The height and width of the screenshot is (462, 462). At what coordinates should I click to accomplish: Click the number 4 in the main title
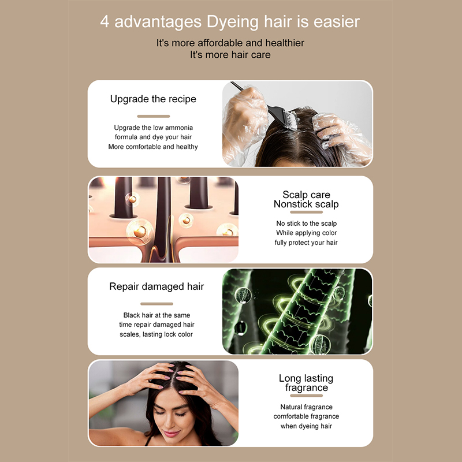105,22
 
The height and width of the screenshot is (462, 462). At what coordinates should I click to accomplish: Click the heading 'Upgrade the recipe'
153,99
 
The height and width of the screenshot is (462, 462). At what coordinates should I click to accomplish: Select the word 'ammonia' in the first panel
178,128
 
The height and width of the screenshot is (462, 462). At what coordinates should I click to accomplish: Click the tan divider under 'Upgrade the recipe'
153,116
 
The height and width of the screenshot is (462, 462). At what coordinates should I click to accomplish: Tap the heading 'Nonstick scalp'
306,204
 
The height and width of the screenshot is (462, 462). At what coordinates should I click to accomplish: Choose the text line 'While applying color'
307,233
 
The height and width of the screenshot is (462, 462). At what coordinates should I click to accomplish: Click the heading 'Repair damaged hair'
157,286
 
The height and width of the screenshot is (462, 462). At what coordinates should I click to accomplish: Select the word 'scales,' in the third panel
130,334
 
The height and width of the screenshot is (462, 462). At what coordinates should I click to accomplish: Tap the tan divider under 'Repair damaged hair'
157,304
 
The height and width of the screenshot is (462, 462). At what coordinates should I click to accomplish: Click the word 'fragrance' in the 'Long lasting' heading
307,388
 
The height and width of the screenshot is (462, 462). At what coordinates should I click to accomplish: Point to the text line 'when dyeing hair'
307,426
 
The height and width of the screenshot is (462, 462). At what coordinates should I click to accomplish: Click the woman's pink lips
172,434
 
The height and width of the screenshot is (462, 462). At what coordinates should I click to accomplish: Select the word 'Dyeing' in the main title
233,23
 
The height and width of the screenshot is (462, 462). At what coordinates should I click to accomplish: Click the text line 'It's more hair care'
230,55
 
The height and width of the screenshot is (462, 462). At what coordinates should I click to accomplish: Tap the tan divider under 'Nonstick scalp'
307,212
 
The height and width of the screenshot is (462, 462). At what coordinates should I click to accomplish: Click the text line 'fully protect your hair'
306,243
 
